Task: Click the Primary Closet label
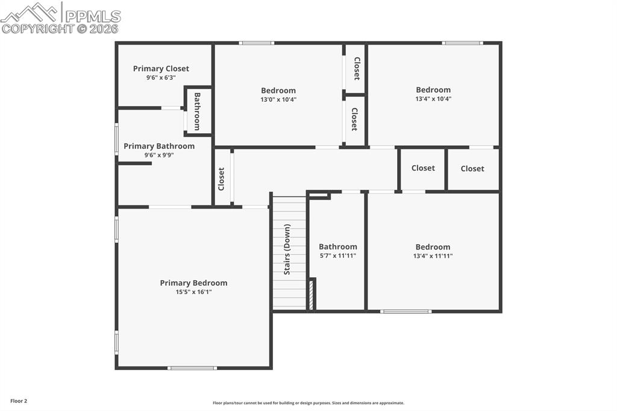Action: (x=161, y=69)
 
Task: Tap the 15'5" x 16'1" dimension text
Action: (x=193, y=292)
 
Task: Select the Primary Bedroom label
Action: (x=193, y=283)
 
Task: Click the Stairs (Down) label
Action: (x=287, y=249)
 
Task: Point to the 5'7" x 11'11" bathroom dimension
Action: (x=337, y=256)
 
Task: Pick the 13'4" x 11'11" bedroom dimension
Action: (x=433, y=256)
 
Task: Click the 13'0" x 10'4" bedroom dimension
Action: (x=278, y=99)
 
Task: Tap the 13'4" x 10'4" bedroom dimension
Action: (x=433, y=99)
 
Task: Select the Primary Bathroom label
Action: (x=159, y=146)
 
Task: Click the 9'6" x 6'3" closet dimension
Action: (x=161, y=78)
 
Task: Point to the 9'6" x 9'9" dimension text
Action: (x=159, y=155)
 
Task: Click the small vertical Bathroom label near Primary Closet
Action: (x=197, y=111)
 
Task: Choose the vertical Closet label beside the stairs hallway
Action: (x=221, y=179)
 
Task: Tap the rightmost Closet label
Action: (x=472, y=169)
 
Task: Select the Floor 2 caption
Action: (x=19, y=401)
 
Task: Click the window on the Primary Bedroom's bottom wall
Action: (x=192, y=368)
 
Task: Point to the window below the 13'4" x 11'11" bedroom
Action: (x=406, y=312)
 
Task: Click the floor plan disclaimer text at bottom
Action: (x=308, y=403)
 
